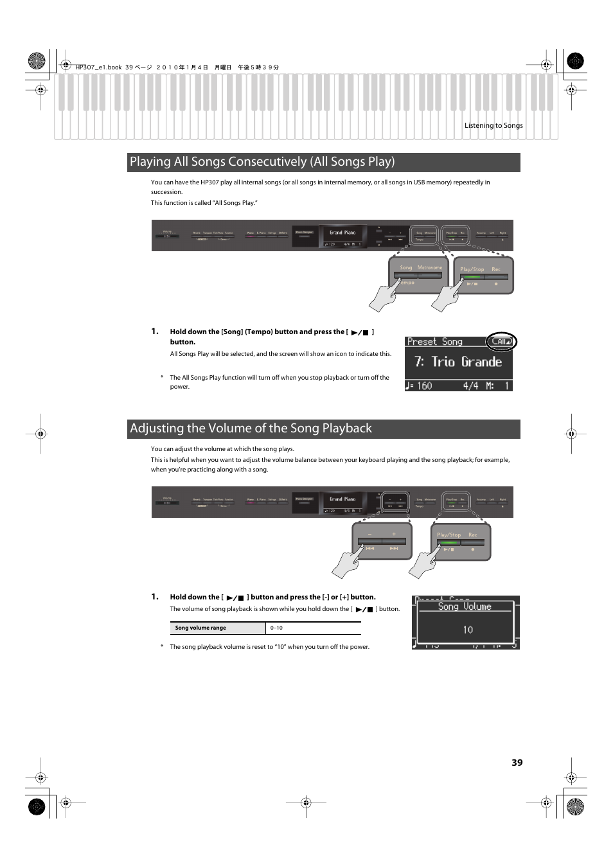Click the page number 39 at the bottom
pyautogui.click(x=517, y=763)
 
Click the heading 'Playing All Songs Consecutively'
pyautogui.click(x=262, y=162)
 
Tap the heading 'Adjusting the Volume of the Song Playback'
pyautogui.click(x=251, y=429)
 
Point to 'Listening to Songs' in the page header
pyautogui.click(x=493, y=126)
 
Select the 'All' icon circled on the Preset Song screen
pyautogui.click(x=501, y=342)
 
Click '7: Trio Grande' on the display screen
pyautogui.click(x=458, y=362)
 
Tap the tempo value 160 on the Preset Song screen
pyautogui.click(x=424, y=386)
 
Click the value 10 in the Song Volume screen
pyautogui.click(x=468, y=630)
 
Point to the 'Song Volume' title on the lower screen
pyautogui.click(x=465, y=607)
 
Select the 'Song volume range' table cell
pyautogui.click(x=200, y=628)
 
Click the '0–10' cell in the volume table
pyautogui.click(x=276, y=628)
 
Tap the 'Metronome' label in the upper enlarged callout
pyautogui.click(x=429, y=267)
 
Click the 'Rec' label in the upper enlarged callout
pyautogui.click(x=495, y=269)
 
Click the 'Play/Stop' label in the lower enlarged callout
pyautogui.click(x=449, y=535)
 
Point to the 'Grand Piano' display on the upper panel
pyautogui.click(x=342, y=233)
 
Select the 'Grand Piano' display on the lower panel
pyautogui.click(x=342, y=499)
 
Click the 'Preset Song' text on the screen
pyautogui.click(x=434, y=342)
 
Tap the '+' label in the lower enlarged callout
pyautogui.click(x=394, y=534)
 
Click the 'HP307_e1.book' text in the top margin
pyautogui.click(x=98, y=67)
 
